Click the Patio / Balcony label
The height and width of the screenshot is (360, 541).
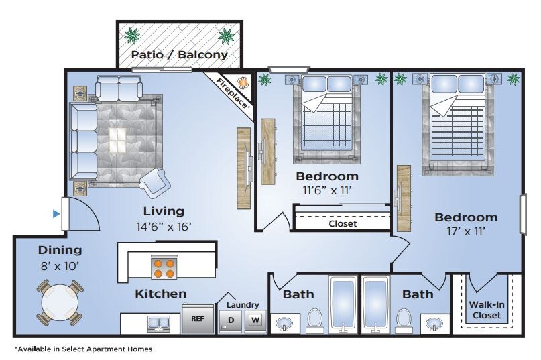180,54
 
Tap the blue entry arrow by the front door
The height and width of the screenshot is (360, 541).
56,214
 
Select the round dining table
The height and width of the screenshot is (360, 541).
60,303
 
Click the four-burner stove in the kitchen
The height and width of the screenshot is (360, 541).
164,268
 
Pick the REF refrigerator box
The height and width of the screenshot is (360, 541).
198,319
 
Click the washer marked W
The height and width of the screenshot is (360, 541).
255,320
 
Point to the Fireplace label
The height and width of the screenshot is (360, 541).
232,93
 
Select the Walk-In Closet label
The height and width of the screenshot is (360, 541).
487,310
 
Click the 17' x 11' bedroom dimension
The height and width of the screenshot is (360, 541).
466,231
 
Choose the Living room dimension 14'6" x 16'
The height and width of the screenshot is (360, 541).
164,227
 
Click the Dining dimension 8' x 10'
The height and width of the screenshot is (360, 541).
60,265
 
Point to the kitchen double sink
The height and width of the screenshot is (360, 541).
159,323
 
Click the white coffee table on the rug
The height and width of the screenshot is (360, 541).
117,140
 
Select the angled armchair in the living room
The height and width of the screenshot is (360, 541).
155,182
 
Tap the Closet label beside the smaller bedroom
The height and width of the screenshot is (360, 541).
343,224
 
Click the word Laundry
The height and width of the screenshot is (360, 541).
243,305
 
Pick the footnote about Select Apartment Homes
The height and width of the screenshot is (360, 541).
83,349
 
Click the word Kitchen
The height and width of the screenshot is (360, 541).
161,294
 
